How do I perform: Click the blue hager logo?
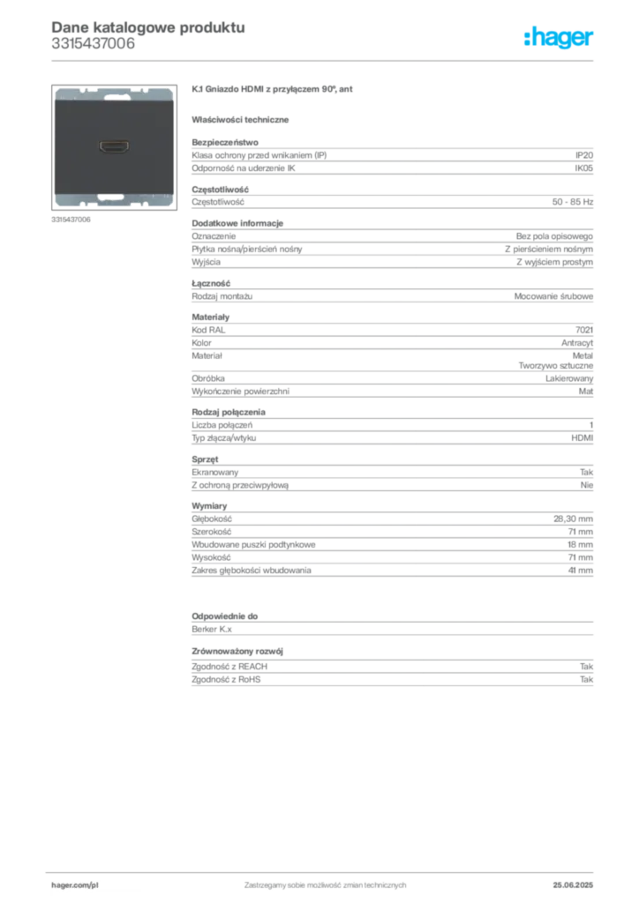point(560,39)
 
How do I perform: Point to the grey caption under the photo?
point(71,220)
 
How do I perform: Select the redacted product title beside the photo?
point(275,91)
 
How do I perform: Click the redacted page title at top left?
point(147,26)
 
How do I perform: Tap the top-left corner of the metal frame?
point(56,90)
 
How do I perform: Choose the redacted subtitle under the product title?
point(244,119)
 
